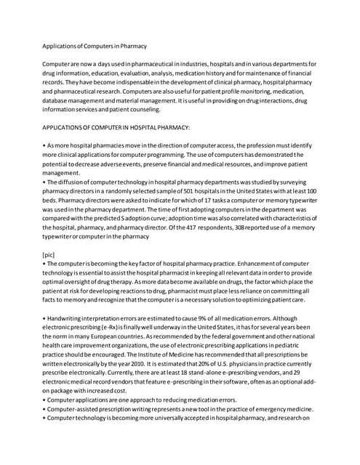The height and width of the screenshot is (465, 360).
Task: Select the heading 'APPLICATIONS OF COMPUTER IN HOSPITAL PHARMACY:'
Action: [116, 126]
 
